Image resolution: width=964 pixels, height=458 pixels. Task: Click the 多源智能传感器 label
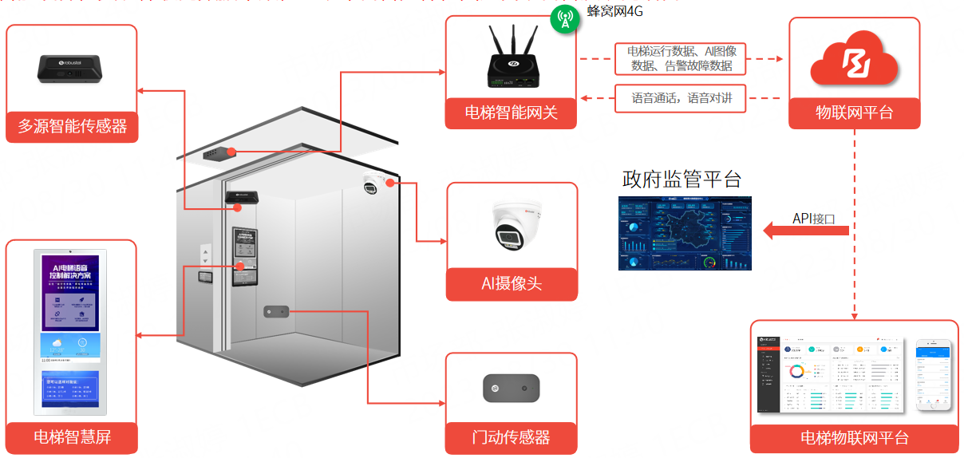pyautogui.click(x=72, y=126)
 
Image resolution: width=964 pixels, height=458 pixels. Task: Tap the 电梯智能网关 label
pyautogui.click(x=511, y=113)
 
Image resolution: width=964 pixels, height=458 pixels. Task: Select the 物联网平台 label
pyautogui.click(x=854, y=113)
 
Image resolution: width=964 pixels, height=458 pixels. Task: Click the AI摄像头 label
pyautogui.click(x=512, y=284)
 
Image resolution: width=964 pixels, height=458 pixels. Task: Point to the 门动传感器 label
pyautogui.click(x=511, y=437)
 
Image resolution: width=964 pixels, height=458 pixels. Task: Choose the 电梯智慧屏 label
pyautogui.click(x=72, y=437)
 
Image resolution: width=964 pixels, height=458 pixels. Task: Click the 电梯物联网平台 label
pyautogui.click(x=854, y=438)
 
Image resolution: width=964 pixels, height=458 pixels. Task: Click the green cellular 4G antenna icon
pyautogui.click(x=565, y=18)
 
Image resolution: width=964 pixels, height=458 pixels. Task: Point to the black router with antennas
pyautogui.click(x=511, y=61)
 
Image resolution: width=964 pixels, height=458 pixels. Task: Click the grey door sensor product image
pyautogui.click(x=511, y=389)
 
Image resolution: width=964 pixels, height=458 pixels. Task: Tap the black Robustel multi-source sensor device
pyautogui.click(x=72, y=67)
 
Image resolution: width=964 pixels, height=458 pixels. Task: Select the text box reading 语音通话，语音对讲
pyautogui.click(x=681, y=99)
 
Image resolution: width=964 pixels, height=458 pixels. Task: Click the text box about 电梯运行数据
pyautogui.click(x=681, y=59)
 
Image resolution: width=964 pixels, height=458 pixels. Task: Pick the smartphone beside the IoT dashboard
pyautogui.click(x=934, y=374)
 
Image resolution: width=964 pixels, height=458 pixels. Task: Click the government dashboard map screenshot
pyautogui.click(x=685, y=232)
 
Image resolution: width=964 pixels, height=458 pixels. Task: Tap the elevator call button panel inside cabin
pyautogui.click(x=206, y=255)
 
